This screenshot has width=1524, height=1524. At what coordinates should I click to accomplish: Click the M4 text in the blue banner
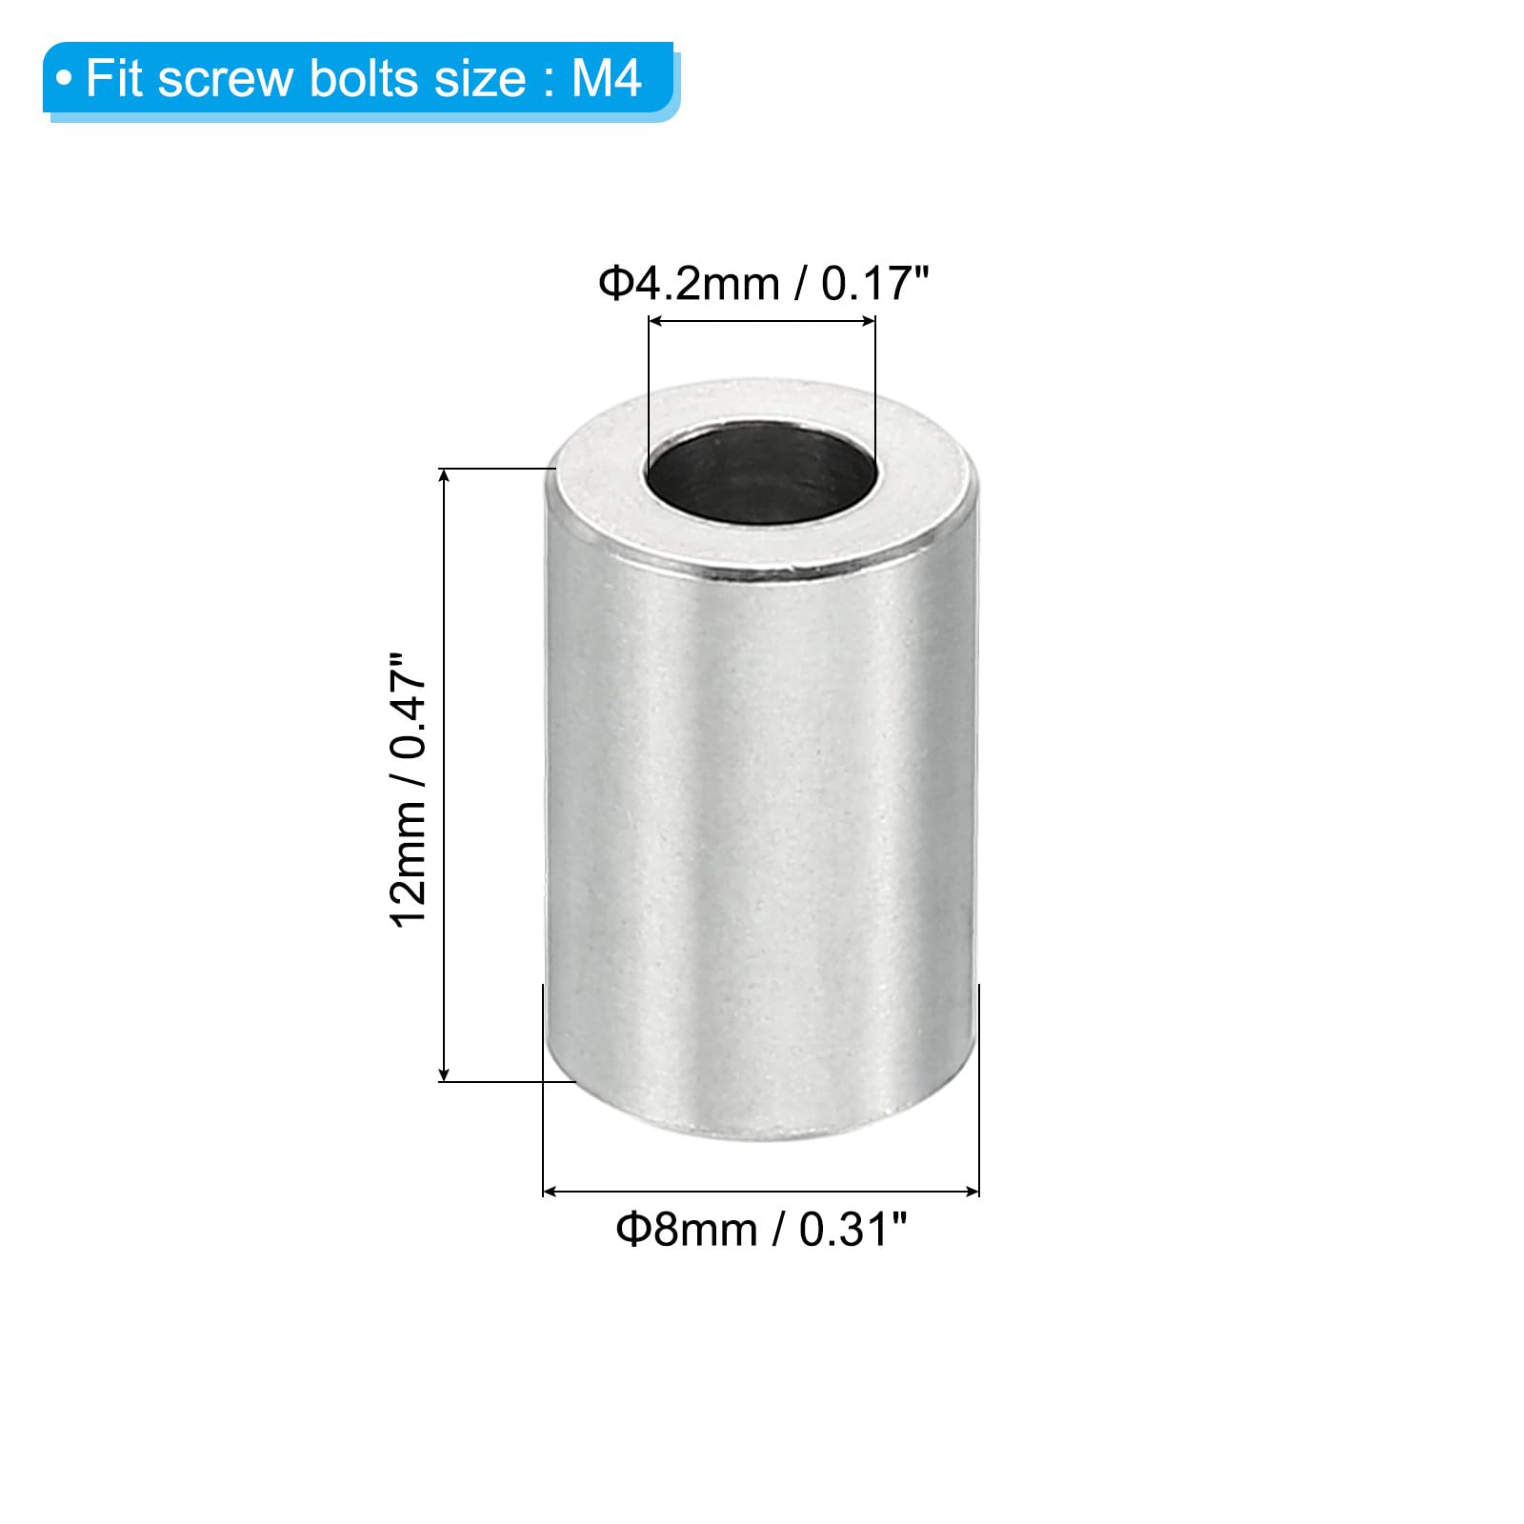click(x=606, y=78)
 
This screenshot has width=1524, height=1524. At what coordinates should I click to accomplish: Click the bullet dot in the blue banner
click(x=64, y=78)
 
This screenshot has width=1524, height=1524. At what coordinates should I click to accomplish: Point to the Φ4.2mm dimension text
click(x=689, y=284)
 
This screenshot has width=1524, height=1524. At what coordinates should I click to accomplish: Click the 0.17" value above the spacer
click(x=874, y=284)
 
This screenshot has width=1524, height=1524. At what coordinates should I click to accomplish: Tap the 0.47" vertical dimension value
click(x=408, y=706)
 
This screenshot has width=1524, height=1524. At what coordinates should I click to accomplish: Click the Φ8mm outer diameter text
click(x=686, y=1230)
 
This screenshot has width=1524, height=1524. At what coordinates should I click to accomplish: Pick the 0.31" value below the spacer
click(x=852, y=1230)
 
